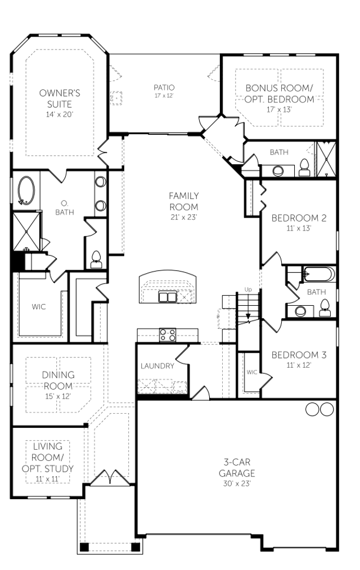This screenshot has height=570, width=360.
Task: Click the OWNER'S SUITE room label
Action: (x=59, y=99)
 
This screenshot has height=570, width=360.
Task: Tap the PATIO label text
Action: (x=164, y=88)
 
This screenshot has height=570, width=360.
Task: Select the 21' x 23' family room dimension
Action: (x=184, y=217)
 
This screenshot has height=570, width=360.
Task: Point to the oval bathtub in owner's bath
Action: (x=26, y=190)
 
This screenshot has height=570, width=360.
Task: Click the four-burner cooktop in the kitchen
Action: (x=168, y=335)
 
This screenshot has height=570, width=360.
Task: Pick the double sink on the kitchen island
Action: (x=168, y=296)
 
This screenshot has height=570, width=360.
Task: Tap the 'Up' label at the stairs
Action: (x=248, y=289)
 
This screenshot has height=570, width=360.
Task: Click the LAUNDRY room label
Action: (x=157, y=366)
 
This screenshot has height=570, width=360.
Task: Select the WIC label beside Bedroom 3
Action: (x=251, y=372)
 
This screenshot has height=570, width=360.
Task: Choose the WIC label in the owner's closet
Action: (x=39, y=307)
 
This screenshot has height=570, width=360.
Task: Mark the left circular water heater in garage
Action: (x=312, y=410)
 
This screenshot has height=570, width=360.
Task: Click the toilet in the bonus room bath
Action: (x=304, y=166)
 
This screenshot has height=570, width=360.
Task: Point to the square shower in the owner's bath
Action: (x=26, y=231)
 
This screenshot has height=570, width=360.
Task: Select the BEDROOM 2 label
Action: (x=299, y=218)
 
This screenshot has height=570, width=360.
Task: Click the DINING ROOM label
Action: (x=58, y=380)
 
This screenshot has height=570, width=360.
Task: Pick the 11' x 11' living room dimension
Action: (x=48, y=478)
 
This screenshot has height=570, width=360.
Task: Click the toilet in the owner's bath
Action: (x=96, y=258)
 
